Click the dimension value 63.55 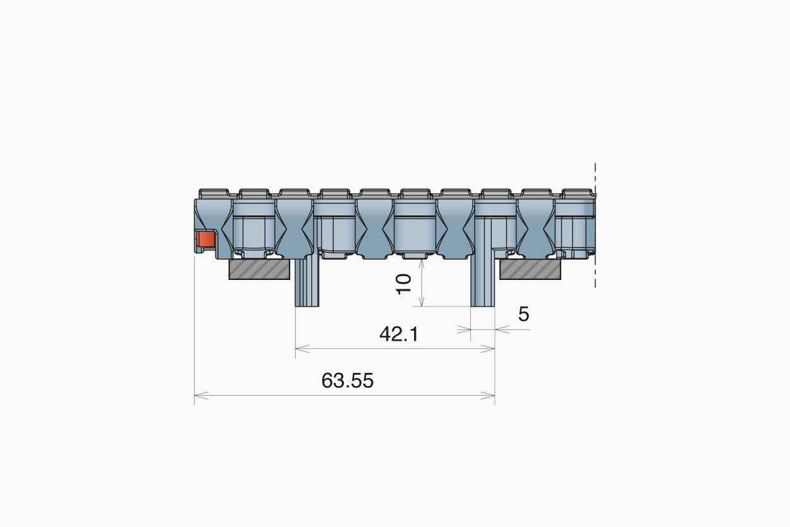(348, 381)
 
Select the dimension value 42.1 (398, 335)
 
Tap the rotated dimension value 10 (404, 283)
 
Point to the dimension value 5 (523, 315)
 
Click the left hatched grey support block (260, 269)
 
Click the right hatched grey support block (530, 269)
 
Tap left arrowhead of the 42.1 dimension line (301, 349)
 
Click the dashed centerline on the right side (595, 224)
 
